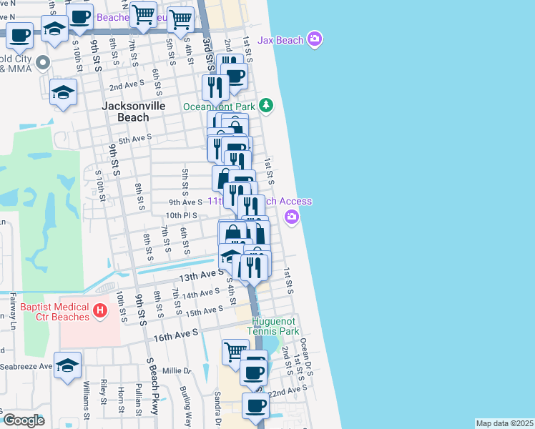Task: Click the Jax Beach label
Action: pyautogui.click(x=280, y=40)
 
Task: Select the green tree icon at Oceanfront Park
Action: pyautogui.click(x=266, y=106)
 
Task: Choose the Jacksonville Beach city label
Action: pyautogui.click(x=134, y=112)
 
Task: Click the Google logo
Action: pyautogui.click(x=24, y=420)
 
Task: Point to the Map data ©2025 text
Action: pyautogui.click(x=504, y=423)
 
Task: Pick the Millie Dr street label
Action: pyautogui.click(x=177, y=371)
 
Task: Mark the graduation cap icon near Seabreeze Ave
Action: pyautogui.click(x=68, y=364)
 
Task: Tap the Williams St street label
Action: pyautogui.click(x=87, y=400)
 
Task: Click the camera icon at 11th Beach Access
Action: pyautogui.click(x=292, y=217)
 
